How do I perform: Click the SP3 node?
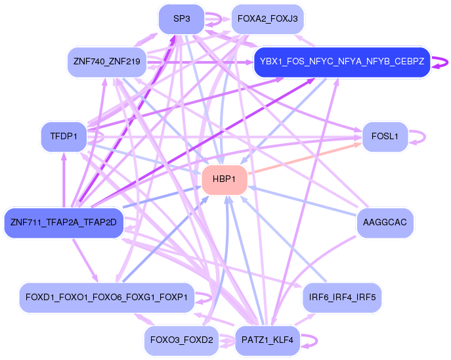[x=181, y=19]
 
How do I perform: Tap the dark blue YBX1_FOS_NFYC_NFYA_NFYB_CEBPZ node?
[x=341, y=62]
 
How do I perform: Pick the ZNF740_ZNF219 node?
[x=106, y=62]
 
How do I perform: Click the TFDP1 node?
[x=64, y=137]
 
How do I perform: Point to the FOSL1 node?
[x=385, y=137]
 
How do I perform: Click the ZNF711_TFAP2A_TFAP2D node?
[x=64, y=223]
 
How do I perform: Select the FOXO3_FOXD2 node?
[x=181, y=340]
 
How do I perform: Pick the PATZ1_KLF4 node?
[x=267, y=340]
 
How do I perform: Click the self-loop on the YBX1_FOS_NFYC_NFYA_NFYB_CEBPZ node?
[x=445, y=63]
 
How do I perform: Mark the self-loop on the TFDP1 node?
[x=102, y=137]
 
